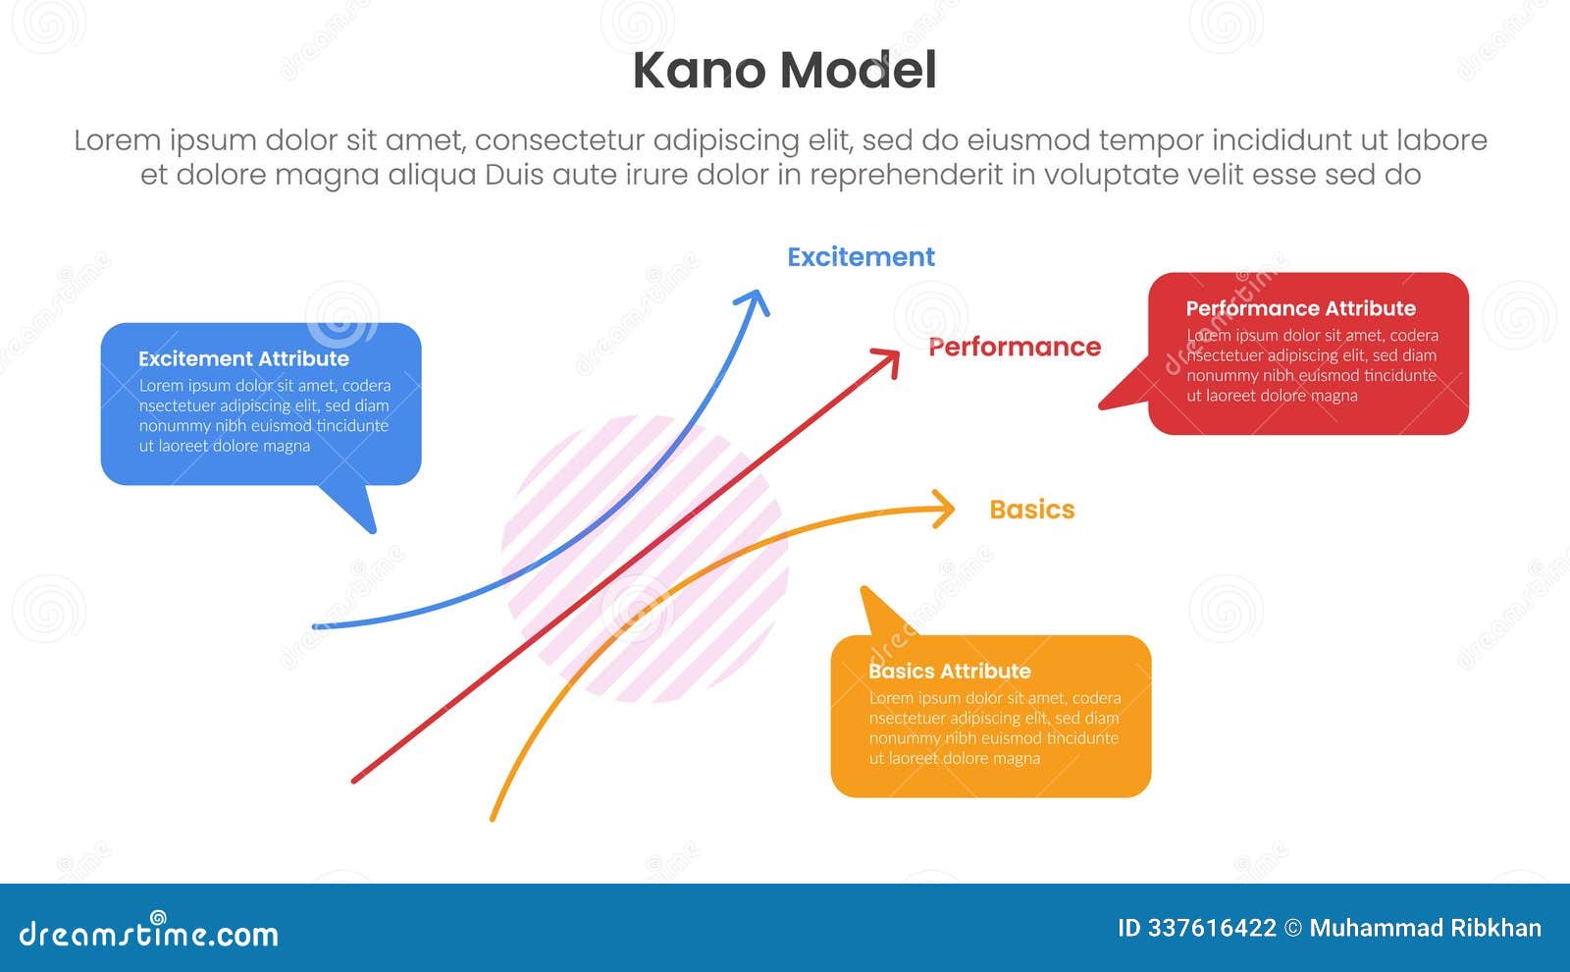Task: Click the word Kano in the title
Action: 698,71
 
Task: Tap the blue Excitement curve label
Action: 861,257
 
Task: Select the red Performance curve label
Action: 1014,347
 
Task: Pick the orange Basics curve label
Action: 1031,510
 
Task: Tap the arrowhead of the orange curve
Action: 947,509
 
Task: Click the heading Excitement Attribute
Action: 243,359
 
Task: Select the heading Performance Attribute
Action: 1300,308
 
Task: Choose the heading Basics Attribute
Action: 949,672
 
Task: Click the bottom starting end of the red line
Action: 355,781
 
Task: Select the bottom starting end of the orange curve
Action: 493,818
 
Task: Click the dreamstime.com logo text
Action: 149,933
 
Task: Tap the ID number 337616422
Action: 1209,928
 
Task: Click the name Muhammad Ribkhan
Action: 1425,928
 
